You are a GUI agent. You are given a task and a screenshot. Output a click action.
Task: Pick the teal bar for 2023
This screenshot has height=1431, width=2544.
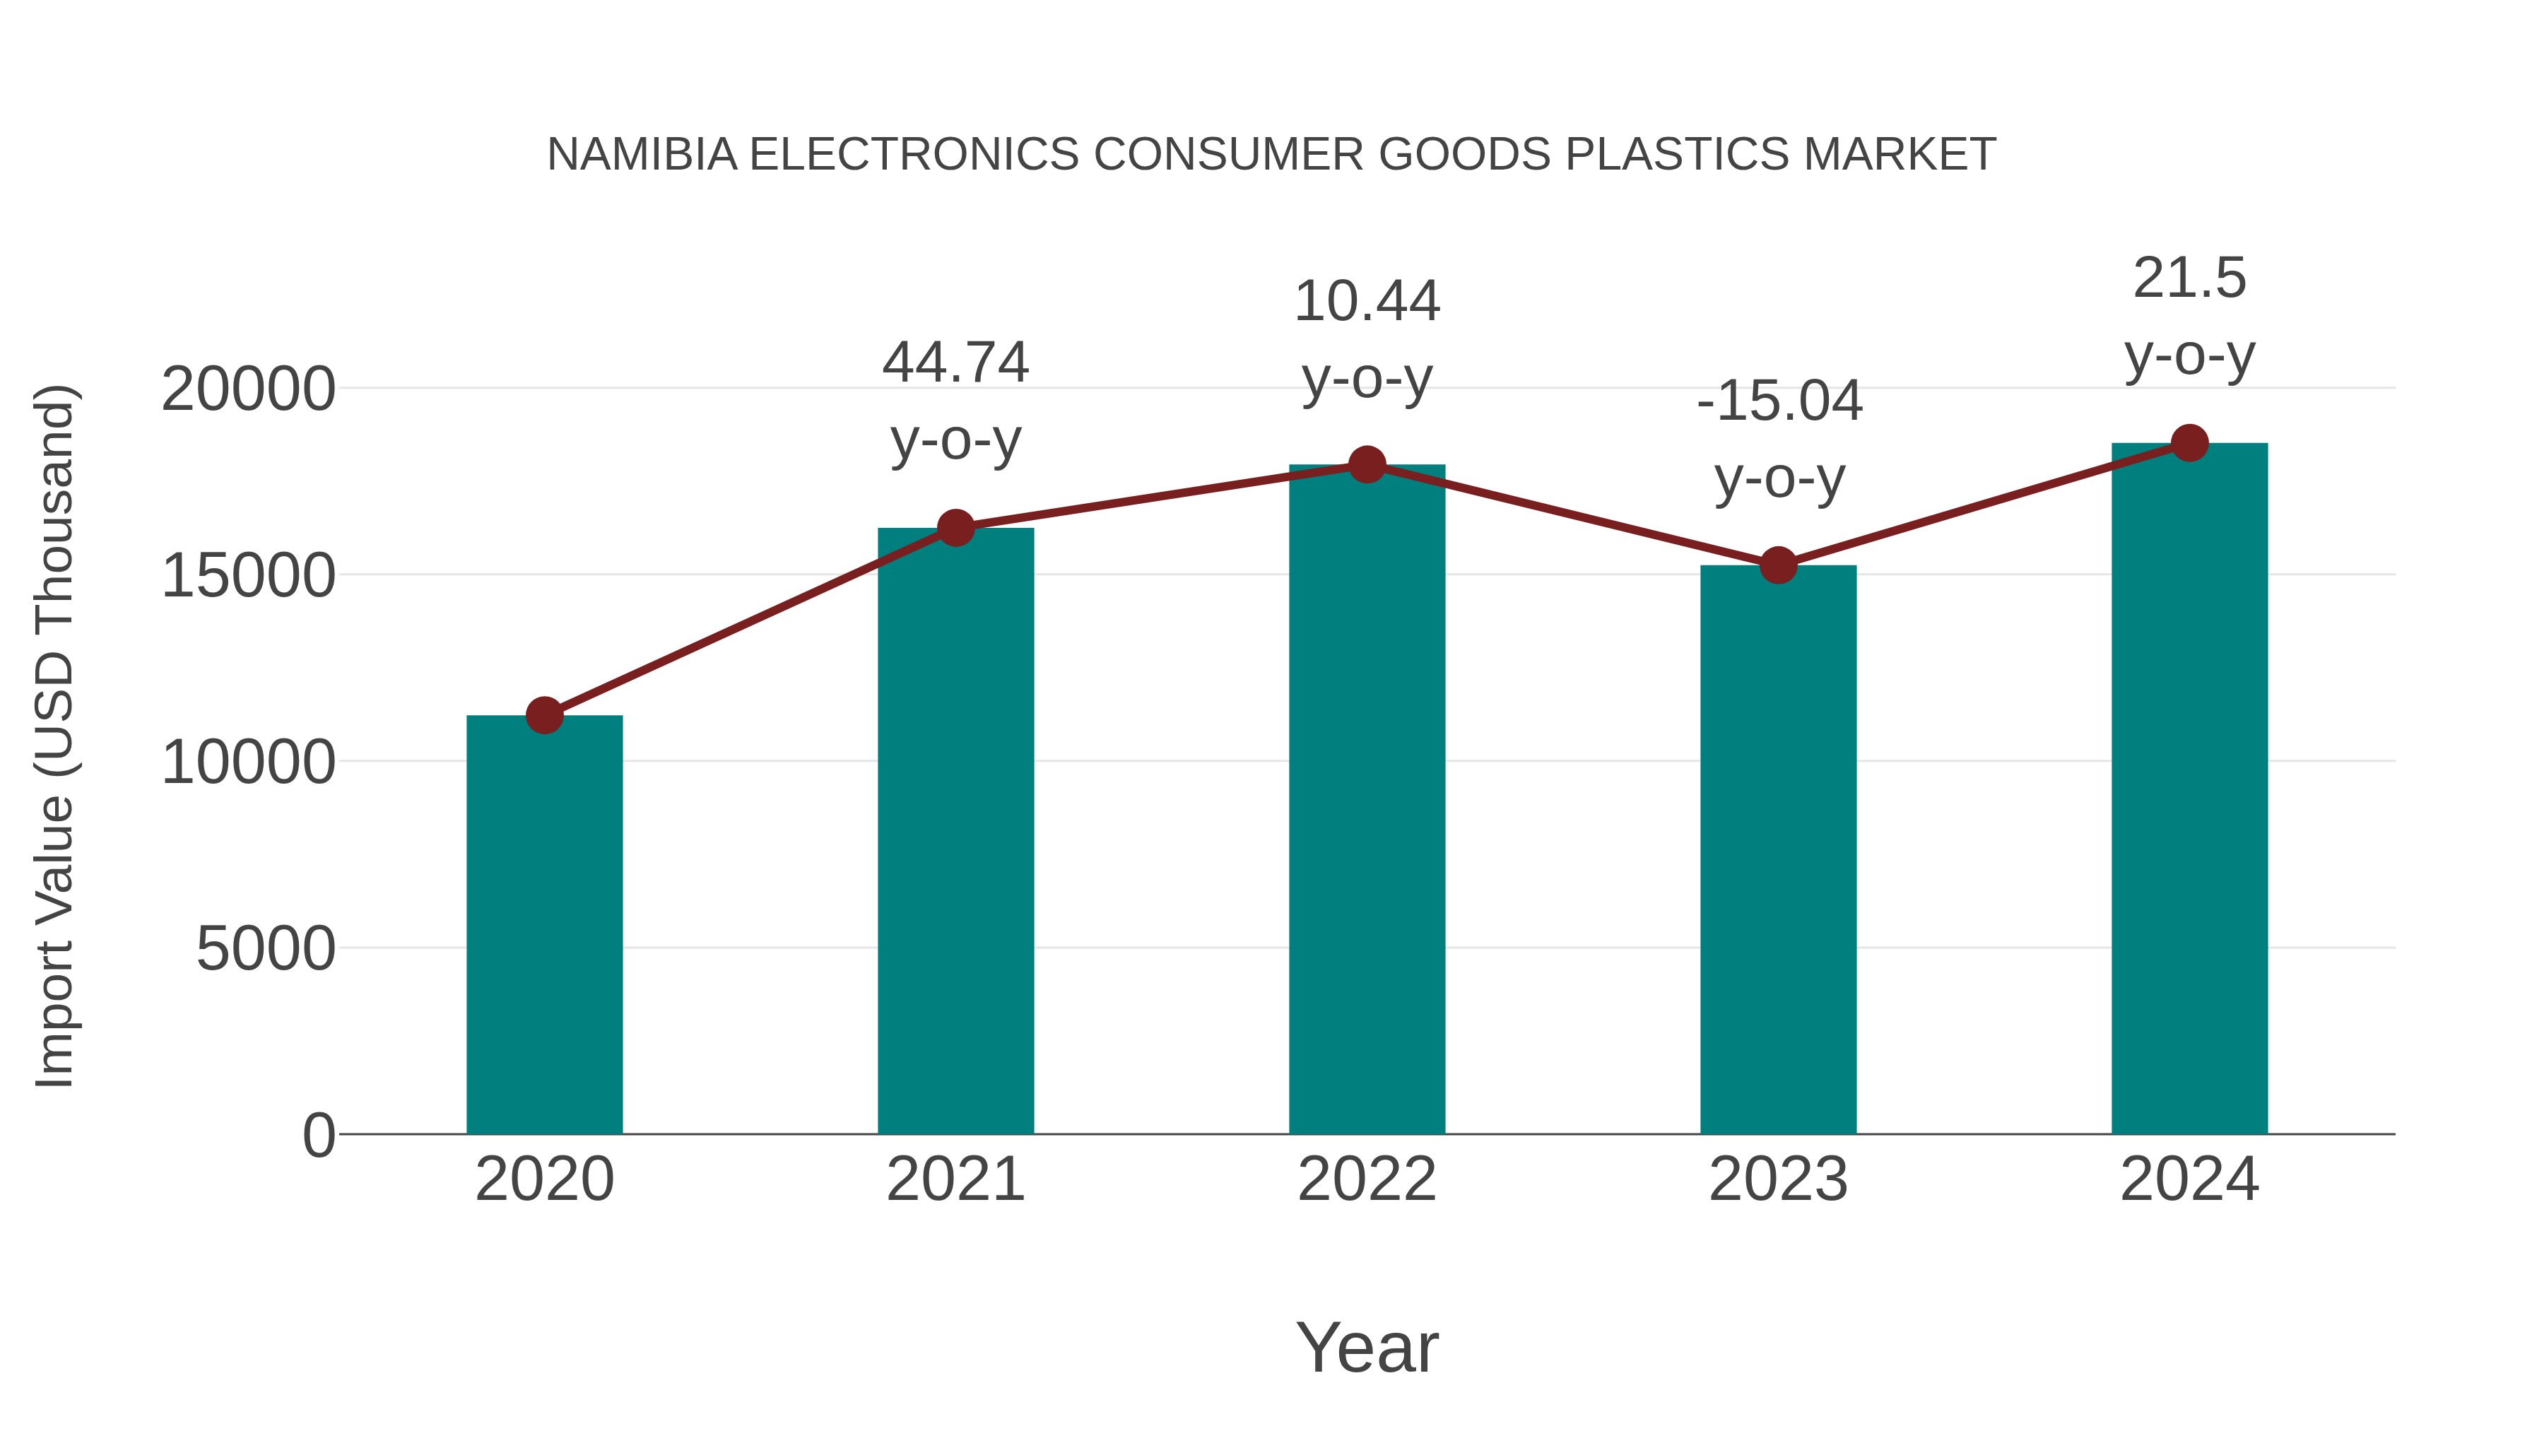(1778, 849)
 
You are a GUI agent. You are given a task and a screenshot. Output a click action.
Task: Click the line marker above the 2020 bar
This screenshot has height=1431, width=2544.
(544, 715)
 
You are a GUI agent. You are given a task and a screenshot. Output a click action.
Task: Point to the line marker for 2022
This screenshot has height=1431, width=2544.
(1367, 464)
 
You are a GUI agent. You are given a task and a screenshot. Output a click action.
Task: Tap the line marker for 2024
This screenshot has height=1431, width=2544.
(2189, 443)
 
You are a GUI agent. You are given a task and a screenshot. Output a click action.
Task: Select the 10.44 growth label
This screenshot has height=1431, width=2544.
(1367, 300)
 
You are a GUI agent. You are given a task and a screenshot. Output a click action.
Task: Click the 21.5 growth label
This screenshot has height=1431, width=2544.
(2189, 278)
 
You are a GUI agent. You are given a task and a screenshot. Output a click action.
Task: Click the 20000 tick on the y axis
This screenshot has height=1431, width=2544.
(248, 389)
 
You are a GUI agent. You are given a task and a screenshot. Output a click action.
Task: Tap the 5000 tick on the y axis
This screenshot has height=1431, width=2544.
(266, 949)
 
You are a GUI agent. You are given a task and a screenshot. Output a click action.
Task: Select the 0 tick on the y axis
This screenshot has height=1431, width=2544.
(318, 1135)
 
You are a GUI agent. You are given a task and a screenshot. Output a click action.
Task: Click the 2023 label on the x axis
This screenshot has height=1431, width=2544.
(1778, 1179)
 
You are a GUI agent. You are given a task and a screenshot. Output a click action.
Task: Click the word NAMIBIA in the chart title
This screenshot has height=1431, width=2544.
(642, 154)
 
